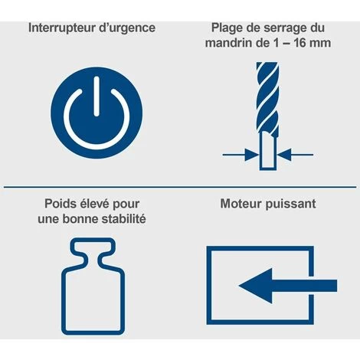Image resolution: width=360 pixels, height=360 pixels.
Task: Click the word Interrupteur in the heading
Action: point(61,28)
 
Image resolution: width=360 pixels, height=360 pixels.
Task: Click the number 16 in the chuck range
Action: point(301,42)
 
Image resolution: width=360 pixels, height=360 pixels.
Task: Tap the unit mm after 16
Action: point(322,44)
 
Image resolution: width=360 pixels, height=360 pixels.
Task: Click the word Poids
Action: point(60,205)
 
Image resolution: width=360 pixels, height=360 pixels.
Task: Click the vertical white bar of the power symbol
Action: point(97,97)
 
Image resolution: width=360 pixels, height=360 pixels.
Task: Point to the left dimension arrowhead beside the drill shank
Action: point(251,155)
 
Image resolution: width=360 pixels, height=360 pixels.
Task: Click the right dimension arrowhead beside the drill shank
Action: point(284,155)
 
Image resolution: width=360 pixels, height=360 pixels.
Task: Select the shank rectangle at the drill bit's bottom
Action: point(268,151)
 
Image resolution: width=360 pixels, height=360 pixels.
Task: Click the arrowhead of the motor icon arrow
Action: point(255,286)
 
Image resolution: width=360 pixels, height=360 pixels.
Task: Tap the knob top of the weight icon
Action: point(93,247)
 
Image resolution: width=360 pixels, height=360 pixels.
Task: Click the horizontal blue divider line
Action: point(180,187)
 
